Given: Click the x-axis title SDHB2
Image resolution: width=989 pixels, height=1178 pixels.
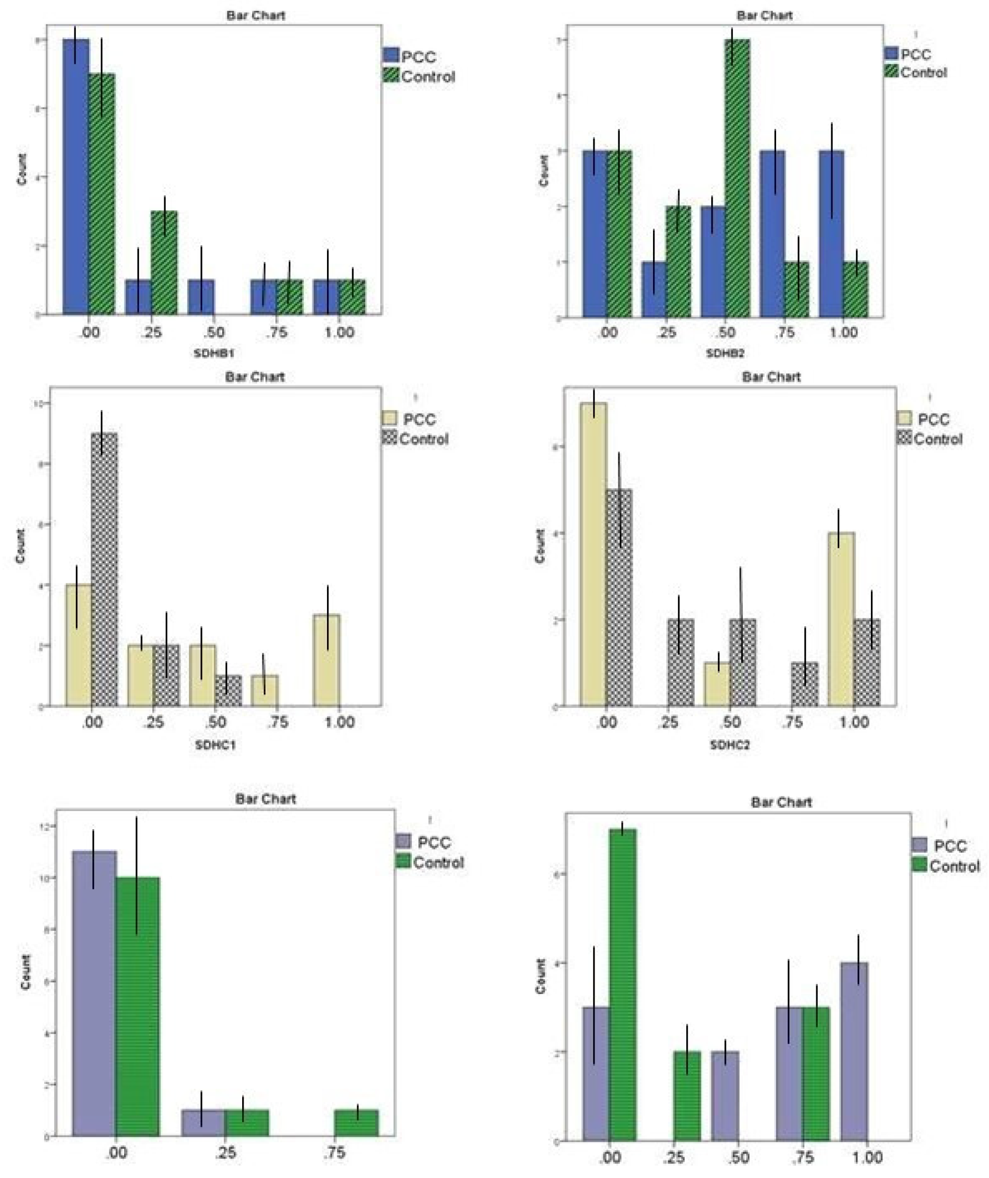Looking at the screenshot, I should (x=725, y=353).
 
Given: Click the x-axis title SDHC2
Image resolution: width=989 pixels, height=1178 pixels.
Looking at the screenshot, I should (x=729, y=745).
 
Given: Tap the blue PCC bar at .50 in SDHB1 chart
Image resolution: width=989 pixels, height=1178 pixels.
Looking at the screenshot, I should (x=201, y=297).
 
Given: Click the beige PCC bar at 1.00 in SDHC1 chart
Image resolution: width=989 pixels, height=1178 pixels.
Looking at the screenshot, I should (x=327, y=661).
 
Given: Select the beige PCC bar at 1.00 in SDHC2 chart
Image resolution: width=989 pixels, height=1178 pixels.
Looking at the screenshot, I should (x=841, y=620).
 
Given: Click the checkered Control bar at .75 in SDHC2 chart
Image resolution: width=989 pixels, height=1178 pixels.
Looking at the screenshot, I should (x=804, y=684).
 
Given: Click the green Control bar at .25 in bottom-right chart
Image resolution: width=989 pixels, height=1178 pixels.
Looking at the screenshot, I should (x=687, y=1096).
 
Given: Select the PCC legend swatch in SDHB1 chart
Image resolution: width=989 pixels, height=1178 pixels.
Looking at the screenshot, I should (x=391, y=55).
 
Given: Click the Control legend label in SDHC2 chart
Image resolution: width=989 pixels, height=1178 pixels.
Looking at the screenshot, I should (x=938, y=439).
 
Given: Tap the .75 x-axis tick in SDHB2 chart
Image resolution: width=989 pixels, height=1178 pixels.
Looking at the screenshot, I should (x=784, y=332).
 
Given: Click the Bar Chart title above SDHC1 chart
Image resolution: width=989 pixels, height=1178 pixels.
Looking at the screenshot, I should (x=255, y=377).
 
